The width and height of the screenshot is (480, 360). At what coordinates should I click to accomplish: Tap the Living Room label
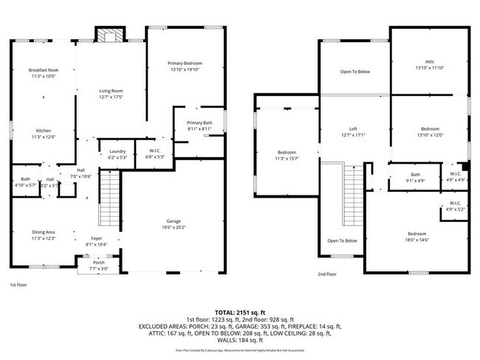pyautogui.click(x=111, y=94)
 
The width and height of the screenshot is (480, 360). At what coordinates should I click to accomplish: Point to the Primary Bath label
pyautogui.click(x=199, y=125)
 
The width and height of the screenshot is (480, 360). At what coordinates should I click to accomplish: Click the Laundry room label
pyautogui.click(x=117, y=153)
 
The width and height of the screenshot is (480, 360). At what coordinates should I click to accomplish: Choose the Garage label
pyautogui.click(x=174, y=224)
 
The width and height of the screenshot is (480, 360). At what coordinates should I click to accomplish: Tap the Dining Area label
pyautogui.click(x=42, y=235)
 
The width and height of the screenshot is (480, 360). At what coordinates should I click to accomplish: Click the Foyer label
pyautogui.click(x=97, y=240)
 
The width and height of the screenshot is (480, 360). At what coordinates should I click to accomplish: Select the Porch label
pyautogui.click(x=98, y=265)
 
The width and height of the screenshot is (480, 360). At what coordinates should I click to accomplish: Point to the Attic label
pyautogui.click(x=429, y=64)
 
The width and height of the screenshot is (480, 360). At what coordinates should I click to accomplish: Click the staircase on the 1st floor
pyautogui.click(x=109, y=197)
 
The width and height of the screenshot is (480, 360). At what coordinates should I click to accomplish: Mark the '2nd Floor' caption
pyautogui.click(x=327, y=274)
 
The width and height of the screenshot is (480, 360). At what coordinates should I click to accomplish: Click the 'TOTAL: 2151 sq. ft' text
pyautogui.click(x=239, y=312)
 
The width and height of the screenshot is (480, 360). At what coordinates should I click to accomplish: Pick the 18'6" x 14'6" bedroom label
pyautogui.click(x=416, y=237)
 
